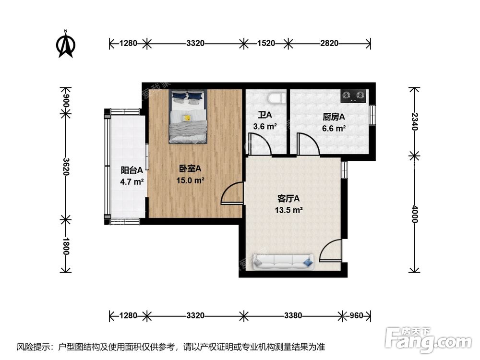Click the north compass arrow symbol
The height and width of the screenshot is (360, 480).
point(66,44)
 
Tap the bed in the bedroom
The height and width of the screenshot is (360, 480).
point(188,116)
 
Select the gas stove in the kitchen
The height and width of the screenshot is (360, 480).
point(353,96)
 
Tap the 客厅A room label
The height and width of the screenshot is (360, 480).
point(288,198)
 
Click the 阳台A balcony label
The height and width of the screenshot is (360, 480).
point(132,170)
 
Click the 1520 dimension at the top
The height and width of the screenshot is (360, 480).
point(266,43)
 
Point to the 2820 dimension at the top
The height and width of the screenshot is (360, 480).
point(329,43)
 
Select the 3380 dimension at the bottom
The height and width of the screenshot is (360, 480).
point(293,315)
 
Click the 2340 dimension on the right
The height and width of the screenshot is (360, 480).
point(415,122)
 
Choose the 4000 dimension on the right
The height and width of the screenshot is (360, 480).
point(415,214)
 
